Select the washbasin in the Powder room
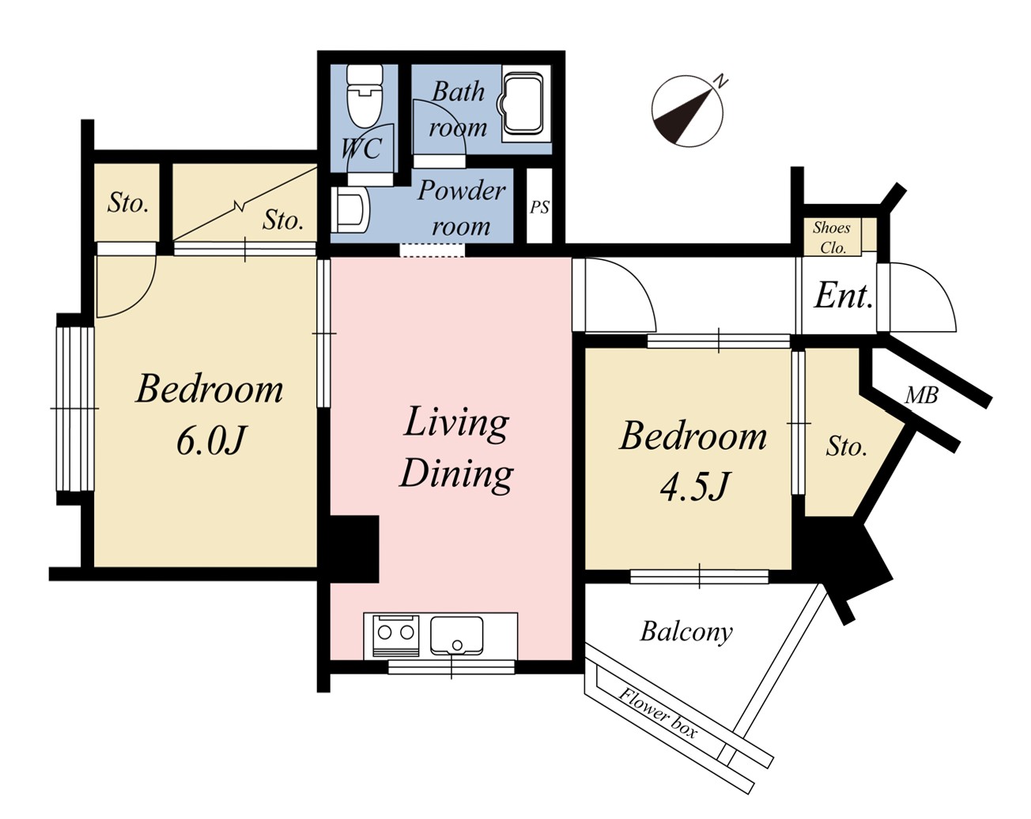351,210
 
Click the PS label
539,207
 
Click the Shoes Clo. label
832,238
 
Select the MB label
921,395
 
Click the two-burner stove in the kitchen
396,636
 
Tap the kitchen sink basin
456,636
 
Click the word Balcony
686,632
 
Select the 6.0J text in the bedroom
211,441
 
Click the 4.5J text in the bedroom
694,487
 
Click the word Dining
456,474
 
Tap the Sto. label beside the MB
846,447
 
